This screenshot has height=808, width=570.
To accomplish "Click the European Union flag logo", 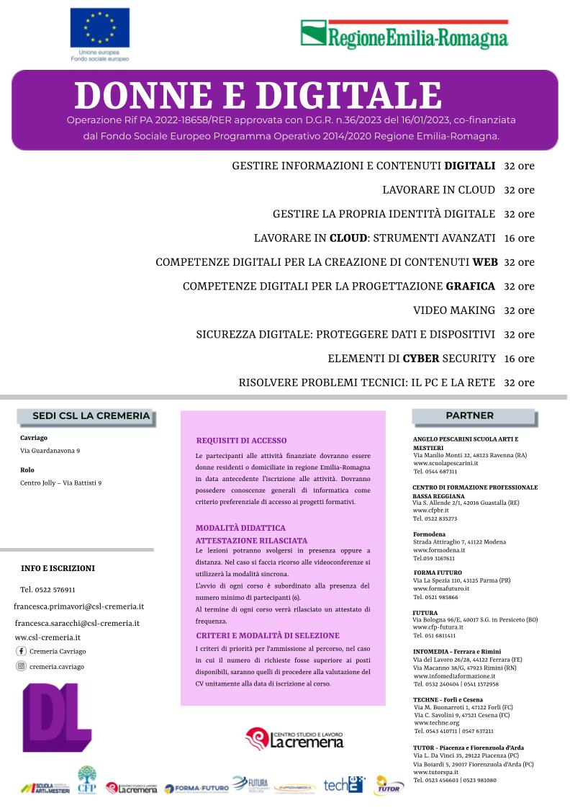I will pos(99,29).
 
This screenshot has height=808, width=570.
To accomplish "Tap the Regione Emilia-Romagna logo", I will pos(404,35).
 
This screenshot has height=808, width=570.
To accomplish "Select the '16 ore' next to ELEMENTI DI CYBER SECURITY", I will pos(519,358).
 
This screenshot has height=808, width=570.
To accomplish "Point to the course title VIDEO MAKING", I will pos(454,310).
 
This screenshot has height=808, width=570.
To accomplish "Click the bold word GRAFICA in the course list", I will pos(471,286).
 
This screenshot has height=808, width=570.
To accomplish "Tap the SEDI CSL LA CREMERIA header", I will pos(91,416).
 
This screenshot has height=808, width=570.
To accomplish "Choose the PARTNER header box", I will pos(470,416).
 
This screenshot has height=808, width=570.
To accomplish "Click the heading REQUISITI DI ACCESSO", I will pos(241,440).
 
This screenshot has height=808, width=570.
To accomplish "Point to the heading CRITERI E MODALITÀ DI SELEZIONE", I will pos(268,635).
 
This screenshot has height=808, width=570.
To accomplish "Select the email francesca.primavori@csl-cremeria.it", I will pos(79,606).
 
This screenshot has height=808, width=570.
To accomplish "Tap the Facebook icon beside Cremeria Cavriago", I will pos(21,651).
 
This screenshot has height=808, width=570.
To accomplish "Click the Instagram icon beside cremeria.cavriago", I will pos(21,666).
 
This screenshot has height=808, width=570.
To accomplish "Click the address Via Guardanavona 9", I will pos(50,451).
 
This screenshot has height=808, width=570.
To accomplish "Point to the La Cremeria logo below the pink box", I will pos(294,737).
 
